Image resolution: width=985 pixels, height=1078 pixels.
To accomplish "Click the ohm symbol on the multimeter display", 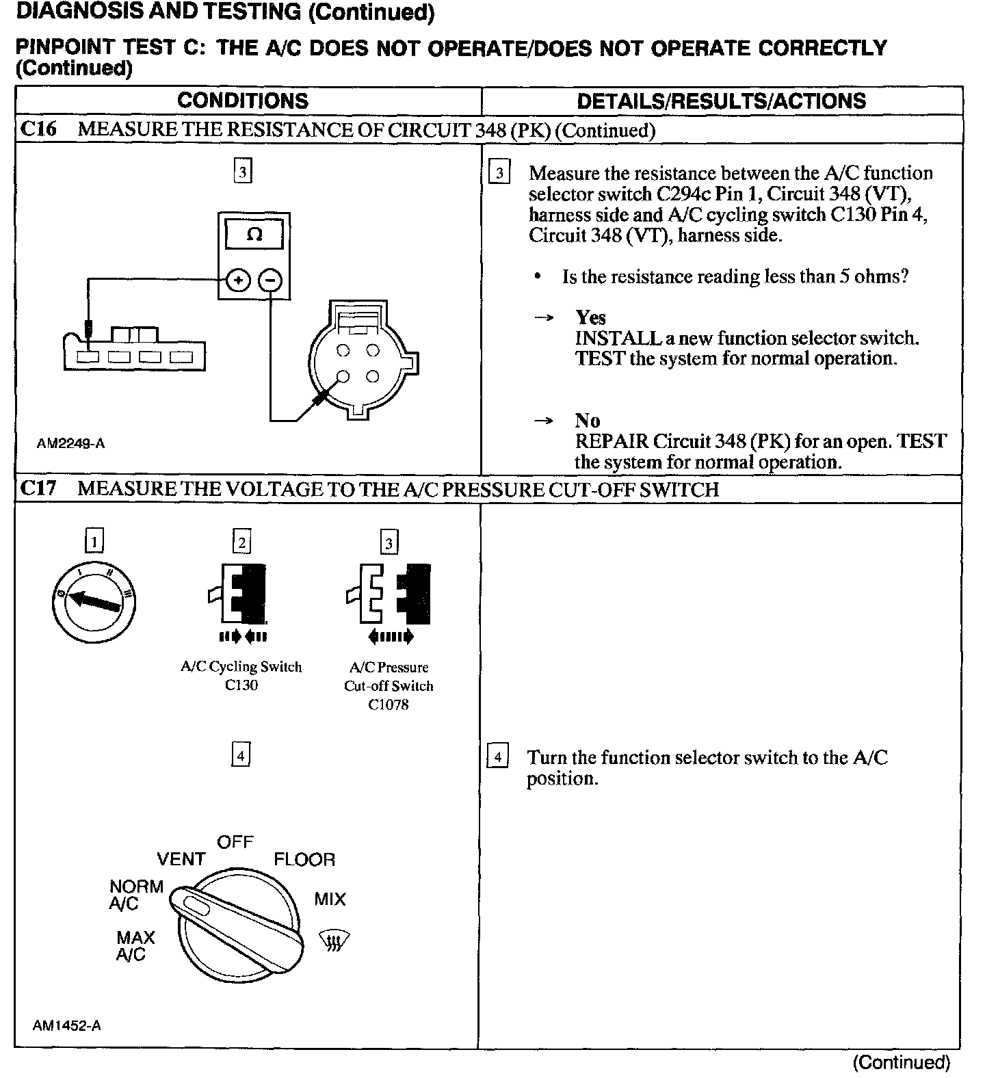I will pyautogui.click(x=254, y=235).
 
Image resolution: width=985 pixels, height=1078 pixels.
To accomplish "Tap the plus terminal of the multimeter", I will pyautogui.click(x=237, y=280).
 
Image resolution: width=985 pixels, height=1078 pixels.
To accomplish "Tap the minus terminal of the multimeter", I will pyautogui.click(x=272, y=280).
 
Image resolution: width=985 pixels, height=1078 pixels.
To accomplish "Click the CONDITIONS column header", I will pyautogui.click(x=243, y=101).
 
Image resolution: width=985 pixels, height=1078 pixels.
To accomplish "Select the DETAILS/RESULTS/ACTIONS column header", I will pyautogui.click(x=722, y=101).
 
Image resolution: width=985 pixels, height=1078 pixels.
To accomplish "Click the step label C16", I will pyautogui.click(x=39, y=129).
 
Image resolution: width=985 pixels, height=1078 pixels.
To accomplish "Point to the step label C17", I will pyautogui.click(x=39, y=489).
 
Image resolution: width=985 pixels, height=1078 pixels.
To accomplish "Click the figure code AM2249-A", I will pyautogui.click(x=71, y=443).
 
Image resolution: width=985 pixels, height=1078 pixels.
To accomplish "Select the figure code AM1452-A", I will pyautogui.click(x=67, y=1025).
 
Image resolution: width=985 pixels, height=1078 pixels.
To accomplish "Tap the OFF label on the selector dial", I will pyautogui.click(x=235, y=842).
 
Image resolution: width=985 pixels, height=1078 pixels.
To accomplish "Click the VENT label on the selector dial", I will pyautogui.click(x=181, y=859).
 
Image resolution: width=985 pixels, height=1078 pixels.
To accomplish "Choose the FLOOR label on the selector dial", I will pyautogui.click(x=304, y=860).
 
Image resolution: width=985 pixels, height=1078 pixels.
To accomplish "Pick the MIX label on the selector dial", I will pyautogui.click(x=330, y=899).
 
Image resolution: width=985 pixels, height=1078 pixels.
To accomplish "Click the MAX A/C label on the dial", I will pyautogui.click(x=135, y=946).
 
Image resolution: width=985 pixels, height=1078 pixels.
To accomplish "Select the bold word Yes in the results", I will pyautogui.click(x=590, y=317).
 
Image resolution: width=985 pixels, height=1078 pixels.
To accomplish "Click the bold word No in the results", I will pyautogui.click(x=588, y=421).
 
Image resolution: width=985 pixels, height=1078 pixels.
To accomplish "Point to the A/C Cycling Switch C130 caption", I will pyautogui.click(x=241, y=676).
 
